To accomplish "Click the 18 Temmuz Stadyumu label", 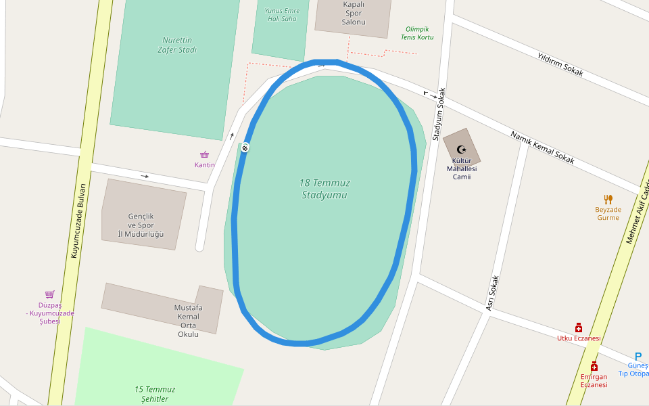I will [324, 189].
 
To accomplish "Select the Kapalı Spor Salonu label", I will [353, 13].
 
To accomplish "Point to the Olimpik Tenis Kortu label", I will [417, 32].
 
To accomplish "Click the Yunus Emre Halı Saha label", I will [281, 14].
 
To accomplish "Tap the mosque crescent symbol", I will [462, 149].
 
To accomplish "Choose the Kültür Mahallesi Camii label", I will [461, 168].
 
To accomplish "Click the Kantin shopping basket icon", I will [204, 155].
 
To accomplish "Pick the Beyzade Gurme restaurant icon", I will [608, 199].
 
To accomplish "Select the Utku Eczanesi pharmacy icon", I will [579, 328].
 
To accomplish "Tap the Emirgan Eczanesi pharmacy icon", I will [594, 366].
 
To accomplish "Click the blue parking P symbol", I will [638, 357].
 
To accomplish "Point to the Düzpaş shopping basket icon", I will [49, 294].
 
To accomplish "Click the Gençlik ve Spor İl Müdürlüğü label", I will [141, 225].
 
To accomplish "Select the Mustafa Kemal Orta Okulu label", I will [188, 321].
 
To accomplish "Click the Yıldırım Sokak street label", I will [560, 64].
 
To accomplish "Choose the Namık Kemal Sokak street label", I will [542, 148].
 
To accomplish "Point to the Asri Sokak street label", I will [493, 294].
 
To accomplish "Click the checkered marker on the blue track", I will [245, 148].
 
